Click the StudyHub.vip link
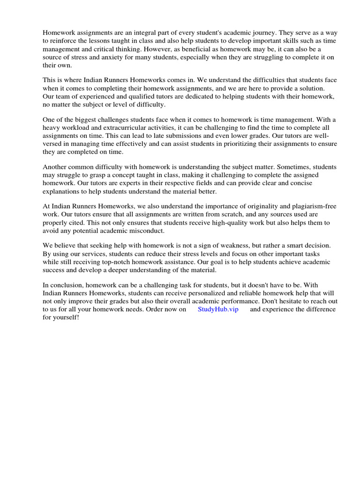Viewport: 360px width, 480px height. [218, 309]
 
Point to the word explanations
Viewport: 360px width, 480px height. [62, 192]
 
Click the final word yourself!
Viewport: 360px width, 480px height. [67, 317]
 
